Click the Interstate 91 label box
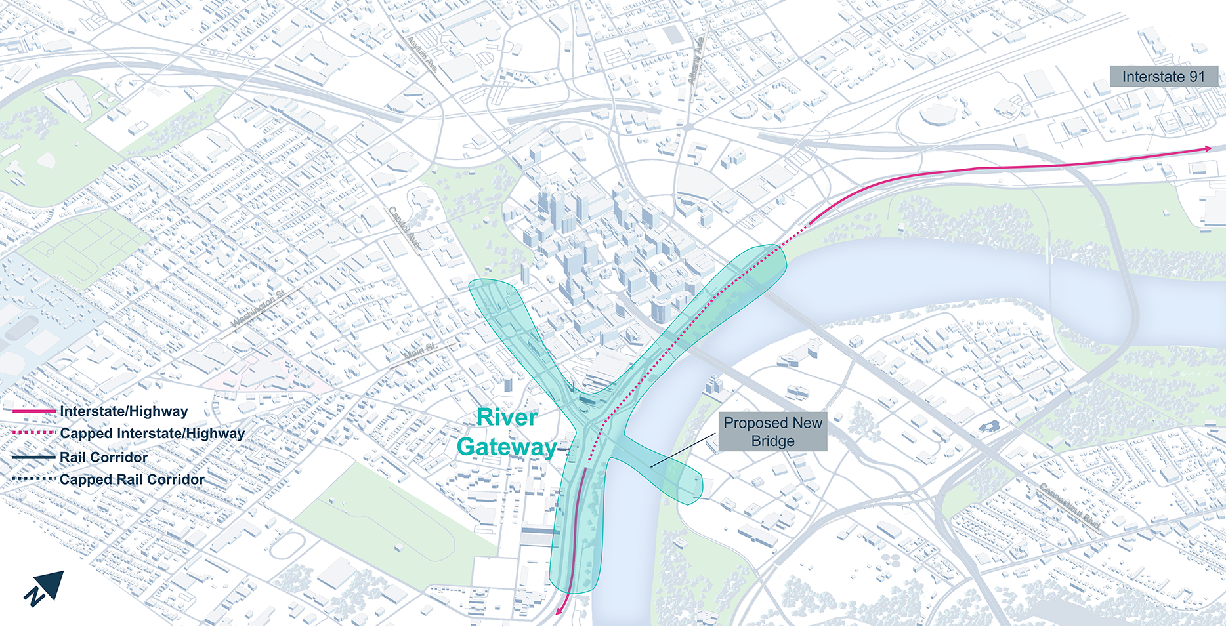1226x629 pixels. [1163, 77]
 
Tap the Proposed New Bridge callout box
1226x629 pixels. [772, 432]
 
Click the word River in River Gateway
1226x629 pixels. [507, 417]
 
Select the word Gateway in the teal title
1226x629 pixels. [507, 447]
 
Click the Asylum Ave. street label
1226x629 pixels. [422, 54]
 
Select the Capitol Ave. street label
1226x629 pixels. [404, 228]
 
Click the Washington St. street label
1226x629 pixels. [258, 308]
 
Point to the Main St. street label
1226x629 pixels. [419, 352]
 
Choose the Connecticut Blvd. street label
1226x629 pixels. [1069, 506]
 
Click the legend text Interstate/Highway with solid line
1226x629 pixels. [123, 411]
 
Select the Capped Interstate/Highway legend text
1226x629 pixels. [152, 434]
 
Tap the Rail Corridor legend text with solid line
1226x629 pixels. [104, 457]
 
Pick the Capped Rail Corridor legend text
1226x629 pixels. [132, 479]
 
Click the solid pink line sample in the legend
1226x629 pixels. [33, 411]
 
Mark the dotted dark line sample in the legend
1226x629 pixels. [33, 479]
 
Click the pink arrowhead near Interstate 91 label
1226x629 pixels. [1207, 149]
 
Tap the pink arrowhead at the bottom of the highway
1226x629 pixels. [559, 611]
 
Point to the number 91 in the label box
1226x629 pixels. [1196, 77]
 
